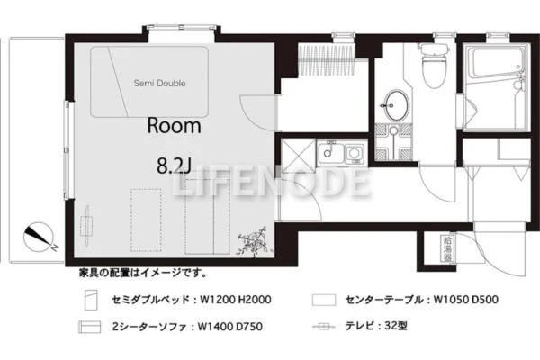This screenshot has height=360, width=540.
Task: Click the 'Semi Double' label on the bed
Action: coord(159,83)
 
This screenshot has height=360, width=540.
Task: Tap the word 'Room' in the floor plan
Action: coord(175,126)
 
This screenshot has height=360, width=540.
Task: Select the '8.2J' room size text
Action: coord(174,166)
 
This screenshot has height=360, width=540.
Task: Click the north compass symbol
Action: coord(39,238)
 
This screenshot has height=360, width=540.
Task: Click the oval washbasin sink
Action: coord(396,105)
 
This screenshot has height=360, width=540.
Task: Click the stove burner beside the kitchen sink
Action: coord(354,153)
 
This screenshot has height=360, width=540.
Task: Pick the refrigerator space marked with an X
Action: coord(298,156)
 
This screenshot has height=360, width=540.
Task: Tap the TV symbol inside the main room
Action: coord(87,226)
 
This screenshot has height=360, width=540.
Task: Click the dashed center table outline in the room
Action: coord(147,220)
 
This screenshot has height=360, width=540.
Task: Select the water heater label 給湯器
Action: coord(447,249)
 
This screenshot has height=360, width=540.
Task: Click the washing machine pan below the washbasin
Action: coord(393,141)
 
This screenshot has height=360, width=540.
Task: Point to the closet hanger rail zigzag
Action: coord(326,59)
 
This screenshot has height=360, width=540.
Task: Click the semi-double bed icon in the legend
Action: coord(91,300)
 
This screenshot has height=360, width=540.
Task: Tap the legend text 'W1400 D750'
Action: coord(230,326)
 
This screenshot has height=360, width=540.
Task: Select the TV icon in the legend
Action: coord(323,326)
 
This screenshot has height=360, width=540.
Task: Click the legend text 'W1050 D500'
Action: coord(465,300)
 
